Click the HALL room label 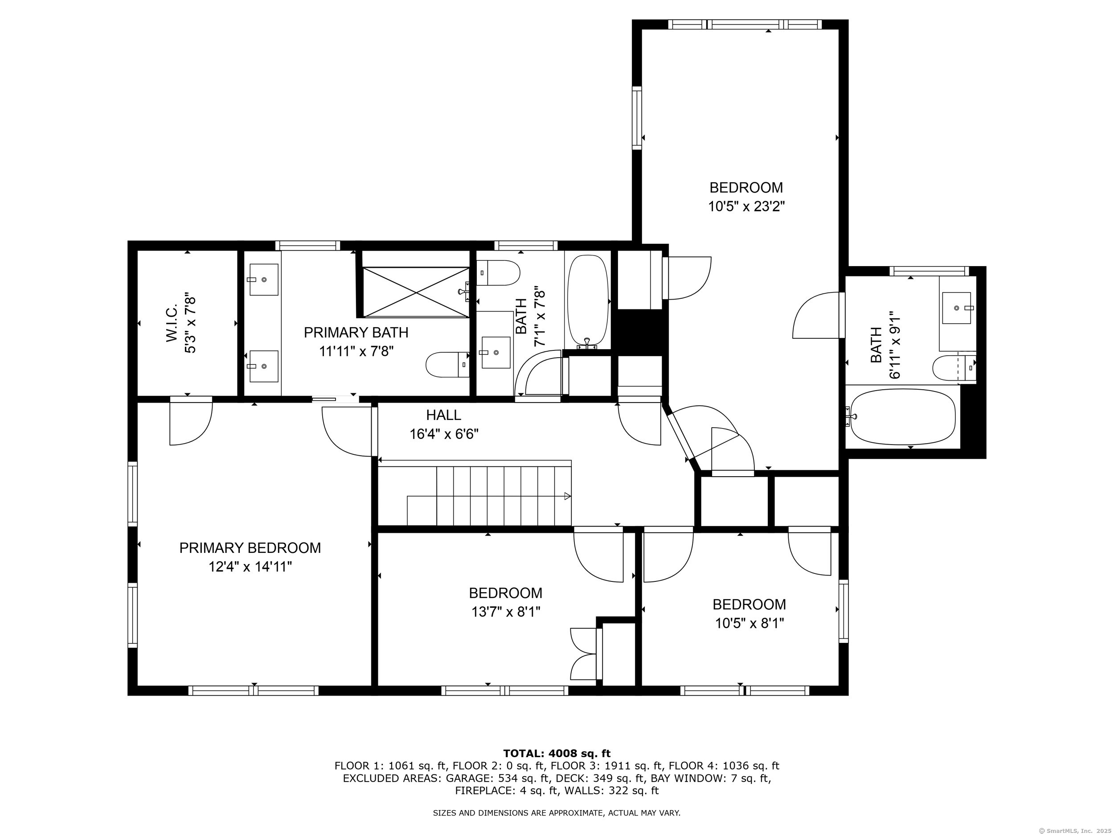(x=443, y=415)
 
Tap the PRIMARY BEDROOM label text (x=250, y=548)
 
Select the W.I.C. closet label (x=172, y=323)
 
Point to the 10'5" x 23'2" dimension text (x=746, y=206)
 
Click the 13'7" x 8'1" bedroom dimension (x=506, y=612)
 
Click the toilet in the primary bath (x=448, y=364)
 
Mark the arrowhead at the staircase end (x=568, y=496)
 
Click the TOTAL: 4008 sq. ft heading (x=557, y=754)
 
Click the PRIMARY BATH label (x=356, y=333)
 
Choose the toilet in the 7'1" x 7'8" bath (x=498, y=272)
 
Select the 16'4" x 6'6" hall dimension (x=444, y=434)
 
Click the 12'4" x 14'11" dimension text (x=250, y=567)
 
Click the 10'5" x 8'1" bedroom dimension (x=749, y=623)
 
